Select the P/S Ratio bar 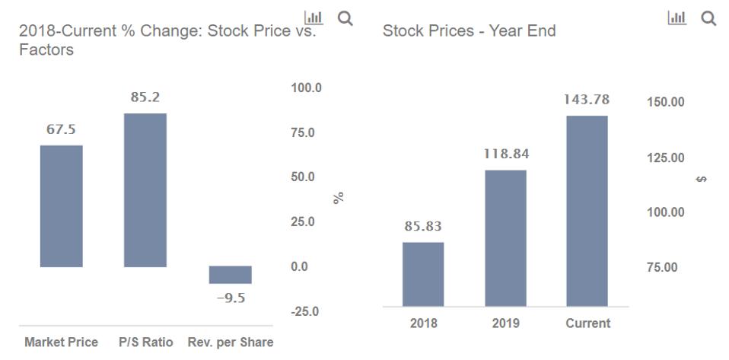145,190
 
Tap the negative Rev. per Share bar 230,275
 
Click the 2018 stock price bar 423,274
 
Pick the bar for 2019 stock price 505,237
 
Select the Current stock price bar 587,211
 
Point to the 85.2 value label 145,97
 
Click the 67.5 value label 61,130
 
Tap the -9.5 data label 230,298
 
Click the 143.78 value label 586,100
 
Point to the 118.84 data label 505,154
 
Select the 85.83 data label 423,226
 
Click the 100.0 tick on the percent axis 307,88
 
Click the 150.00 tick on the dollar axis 665,102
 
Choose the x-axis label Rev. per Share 230,342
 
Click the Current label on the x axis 587,323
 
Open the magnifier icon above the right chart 708,18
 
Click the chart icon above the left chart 313,18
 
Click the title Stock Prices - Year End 469,31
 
